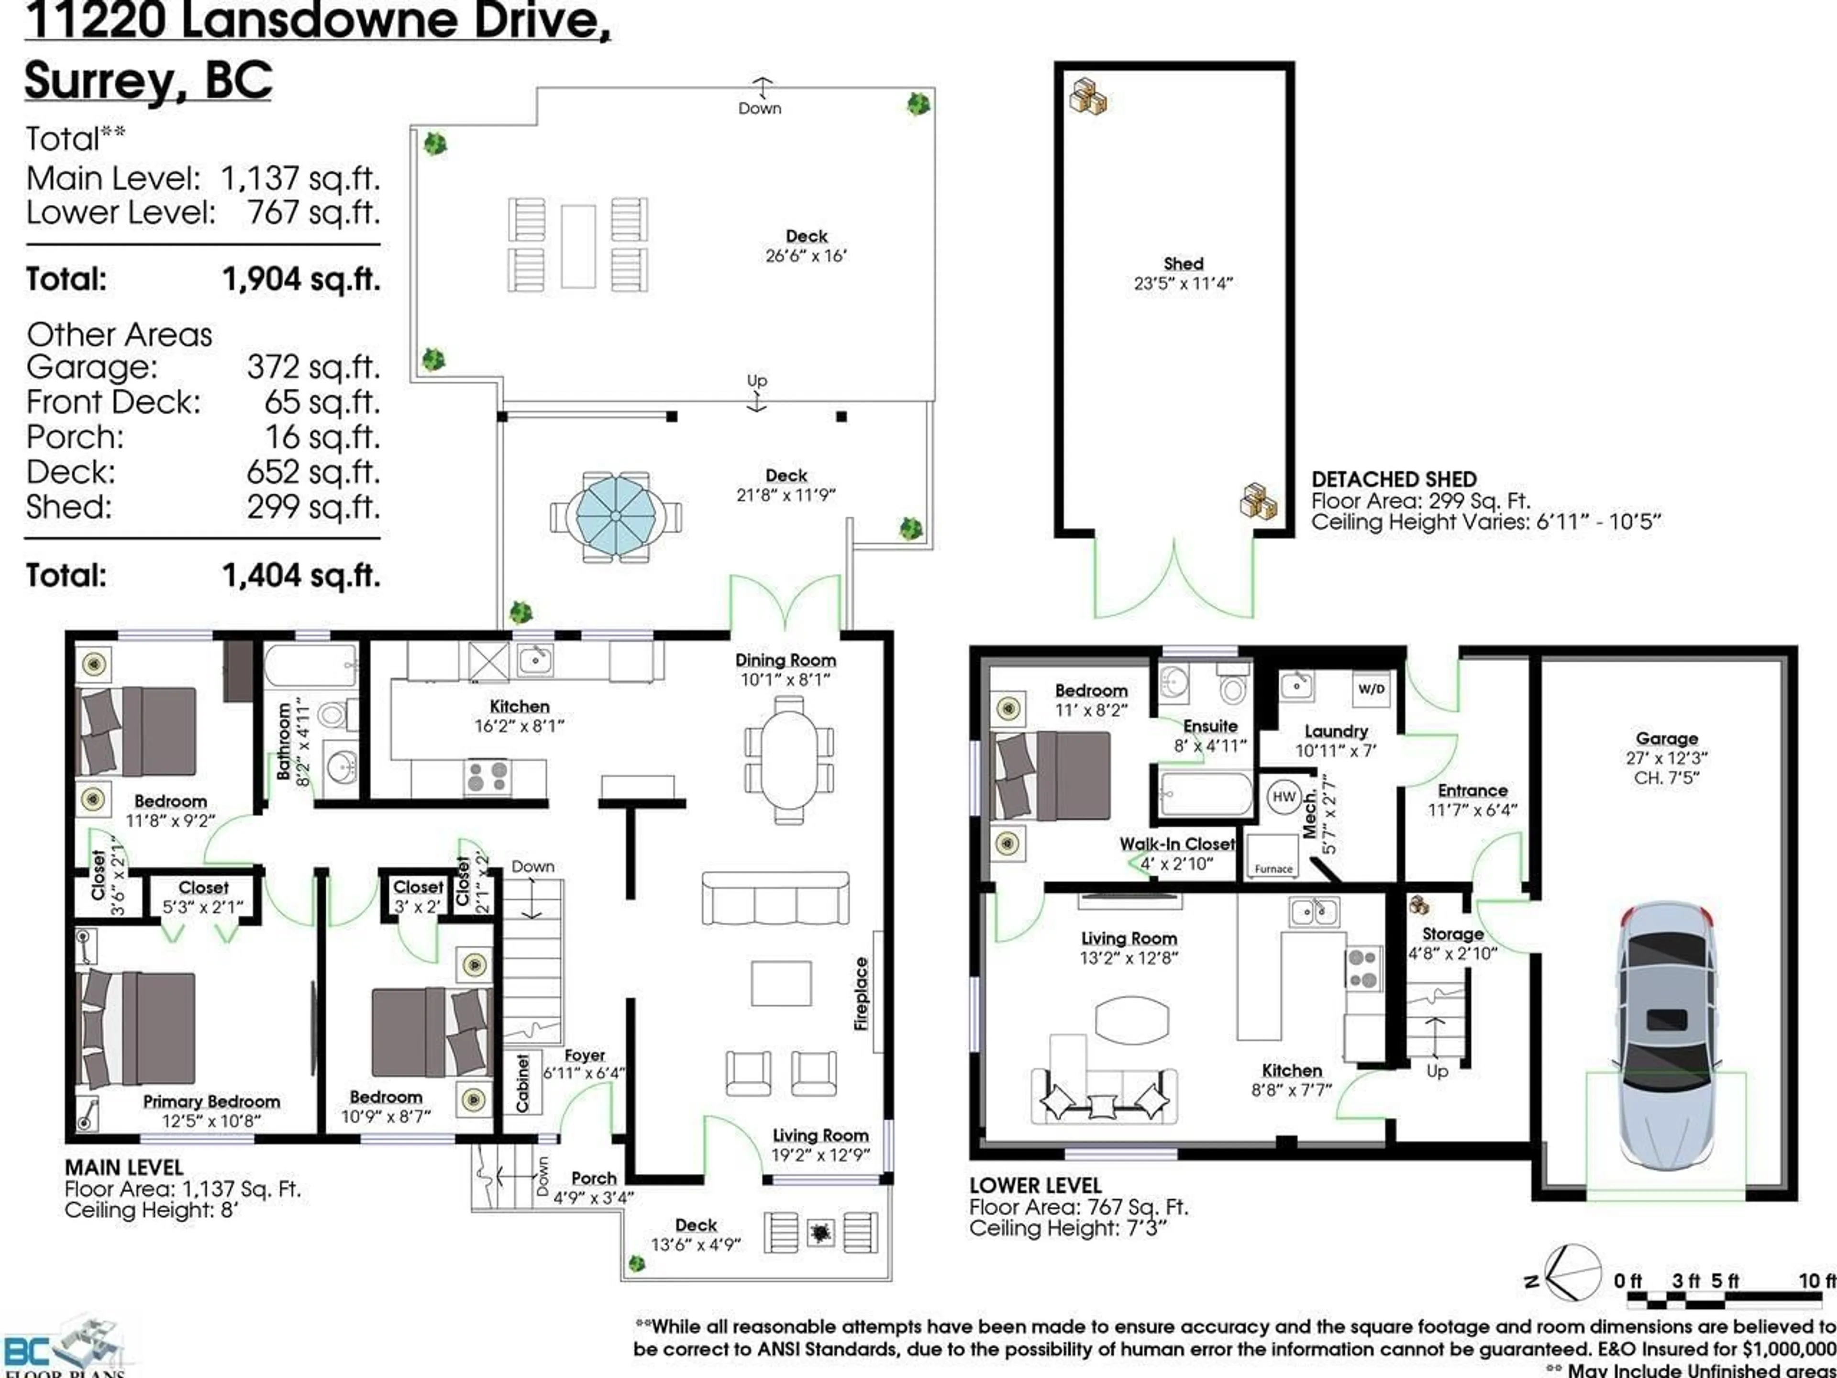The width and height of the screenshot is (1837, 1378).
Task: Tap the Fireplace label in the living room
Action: coord(861,994)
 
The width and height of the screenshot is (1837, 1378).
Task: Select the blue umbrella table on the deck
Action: coord(615,516)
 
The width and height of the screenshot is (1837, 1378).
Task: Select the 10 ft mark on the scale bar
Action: coord(1816,1281)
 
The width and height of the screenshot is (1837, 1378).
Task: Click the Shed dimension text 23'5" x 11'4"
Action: coord(1184,283)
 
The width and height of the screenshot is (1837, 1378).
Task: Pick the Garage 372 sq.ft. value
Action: coord(313,367)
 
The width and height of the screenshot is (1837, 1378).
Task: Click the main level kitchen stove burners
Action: coord(487,777)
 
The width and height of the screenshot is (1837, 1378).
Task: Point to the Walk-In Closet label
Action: coord(1177,844)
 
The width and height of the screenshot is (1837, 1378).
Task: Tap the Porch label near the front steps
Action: coord(594,1178)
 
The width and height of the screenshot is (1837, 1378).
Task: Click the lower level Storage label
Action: coord(1452,933)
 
